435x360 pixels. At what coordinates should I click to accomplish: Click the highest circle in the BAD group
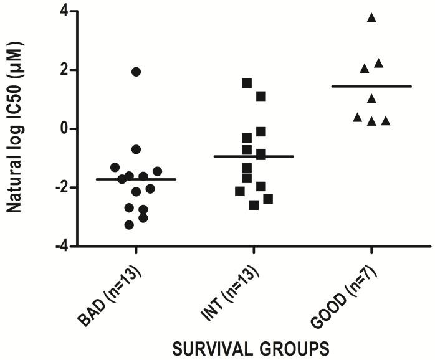[136, 72]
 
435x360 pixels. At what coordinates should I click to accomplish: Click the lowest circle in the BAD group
[129, 225]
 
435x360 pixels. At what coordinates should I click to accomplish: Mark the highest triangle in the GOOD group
[371, 17]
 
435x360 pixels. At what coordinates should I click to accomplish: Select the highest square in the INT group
[247, 83]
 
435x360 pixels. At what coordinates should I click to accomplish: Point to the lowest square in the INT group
[254, 205]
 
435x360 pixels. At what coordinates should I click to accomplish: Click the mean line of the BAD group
[136, 179]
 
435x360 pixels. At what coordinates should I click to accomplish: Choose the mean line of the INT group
[254, 156]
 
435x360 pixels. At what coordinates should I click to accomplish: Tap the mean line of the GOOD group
[371, 86]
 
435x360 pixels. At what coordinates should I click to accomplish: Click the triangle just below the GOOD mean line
[371, 98]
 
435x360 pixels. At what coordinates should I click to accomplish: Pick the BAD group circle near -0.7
[136, 149]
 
